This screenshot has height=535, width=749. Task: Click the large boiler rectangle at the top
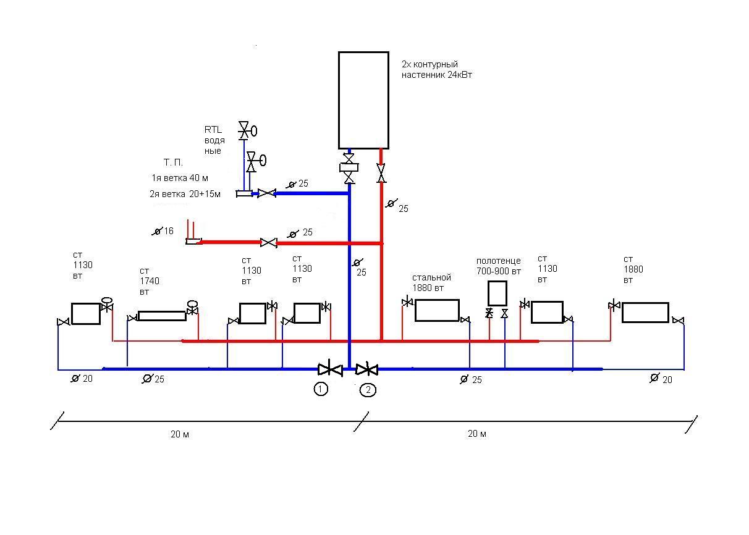pyautogui.click(x=363, y=100)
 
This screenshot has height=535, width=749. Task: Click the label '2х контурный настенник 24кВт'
pyautogui.click(x=437, y=70)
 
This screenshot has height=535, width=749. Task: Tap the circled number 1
pyautogui.click(x=321, y=389)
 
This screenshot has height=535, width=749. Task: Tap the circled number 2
pyautogui.click(x=368, y=390)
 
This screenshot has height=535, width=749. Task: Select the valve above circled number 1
pyautogui.click(x=330, y=369)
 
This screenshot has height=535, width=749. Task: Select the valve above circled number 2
pyautogui.click(x=367, y=369)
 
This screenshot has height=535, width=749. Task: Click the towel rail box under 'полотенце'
pyautogui.click(x=497, y=293)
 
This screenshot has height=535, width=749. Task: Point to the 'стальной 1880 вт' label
pyautogui.click(x=431, y=283)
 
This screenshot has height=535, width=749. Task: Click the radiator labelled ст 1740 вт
pyautogui.click(x=162, y=316)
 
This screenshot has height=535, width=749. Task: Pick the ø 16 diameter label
pyautogui.click(x=163, y=231)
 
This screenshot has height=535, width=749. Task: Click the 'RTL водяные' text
pyautogui.click(x=214, y=140)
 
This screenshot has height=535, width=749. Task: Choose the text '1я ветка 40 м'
pyautogui.click(x=180, y=178)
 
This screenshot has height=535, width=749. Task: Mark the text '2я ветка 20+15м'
pyautogui.click(x=185, y=194)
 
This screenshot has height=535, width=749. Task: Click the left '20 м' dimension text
pyautogui.click(x=180, y=434)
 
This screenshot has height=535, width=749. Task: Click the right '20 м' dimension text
pyautogui.click(x=477, y=434)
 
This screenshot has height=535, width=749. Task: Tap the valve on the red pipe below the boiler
pyautogui.click(x=381, y=173)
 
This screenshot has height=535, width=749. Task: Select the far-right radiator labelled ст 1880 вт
pyautogui.click(x=645, y=313)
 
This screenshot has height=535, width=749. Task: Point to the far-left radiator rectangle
pyautogui.click(x=86, y=313)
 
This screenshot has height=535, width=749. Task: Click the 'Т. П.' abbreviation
pyautogui.click(x=173, y=162)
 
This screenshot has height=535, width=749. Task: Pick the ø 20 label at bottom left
pyautogui.click(x=82, y=379)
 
